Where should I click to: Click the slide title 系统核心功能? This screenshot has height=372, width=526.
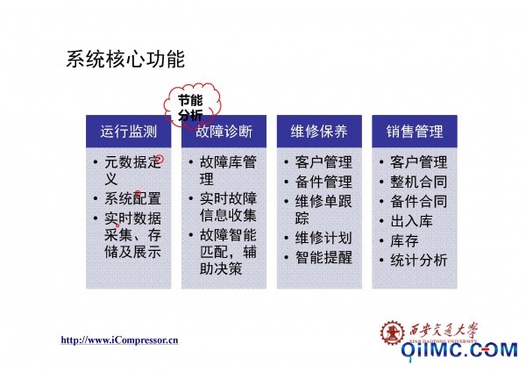point(125,59)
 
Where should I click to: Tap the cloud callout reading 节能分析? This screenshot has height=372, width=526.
point(191,106)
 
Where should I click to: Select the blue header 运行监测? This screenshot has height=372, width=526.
point(129,132)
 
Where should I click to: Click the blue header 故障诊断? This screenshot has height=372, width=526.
point(224,132)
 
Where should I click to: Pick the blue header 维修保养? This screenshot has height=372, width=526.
point(319,132)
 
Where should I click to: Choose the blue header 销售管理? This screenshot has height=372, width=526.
point(415,132)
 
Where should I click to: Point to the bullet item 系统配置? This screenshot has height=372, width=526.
point(133,198)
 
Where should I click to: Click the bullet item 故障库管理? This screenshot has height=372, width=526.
point(228,170)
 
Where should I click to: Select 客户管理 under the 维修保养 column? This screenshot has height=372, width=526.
point(323,162)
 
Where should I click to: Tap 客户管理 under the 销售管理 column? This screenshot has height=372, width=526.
point(419,162)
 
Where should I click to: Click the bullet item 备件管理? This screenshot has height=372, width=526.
point(323,182)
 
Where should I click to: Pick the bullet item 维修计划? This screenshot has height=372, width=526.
point(323,238)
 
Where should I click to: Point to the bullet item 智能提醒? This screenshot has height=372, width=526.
point(323,258)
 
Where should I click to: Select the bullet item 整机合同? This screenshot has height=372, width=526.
point(419,182)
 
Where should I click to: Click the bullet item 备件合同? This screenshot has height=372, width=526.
point(419,202)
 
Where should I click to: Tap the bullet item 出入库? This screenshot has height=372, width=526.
point(412,221)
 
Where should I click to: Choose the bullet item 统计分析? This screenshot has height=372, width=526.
point(419,261)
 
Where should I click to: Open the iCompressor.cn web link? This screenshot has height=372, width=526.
point(119,340)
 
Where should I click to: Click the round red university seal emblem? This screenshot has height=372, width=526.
point(392,333)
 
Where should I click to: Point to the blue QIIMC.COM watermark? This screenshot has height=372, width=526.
point(459,350)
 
